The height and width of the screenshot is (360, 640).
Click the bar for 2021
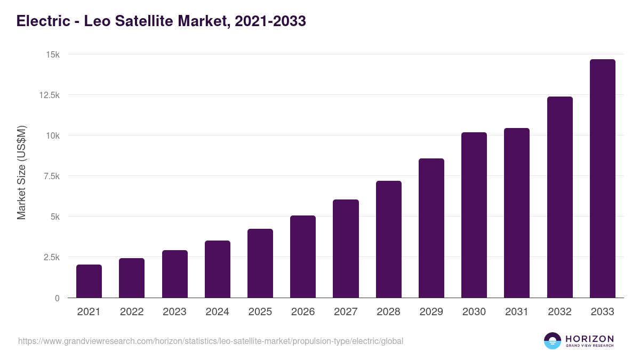tap(89, 281)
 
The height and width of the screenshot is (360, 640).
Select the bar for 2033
tap(602, 179)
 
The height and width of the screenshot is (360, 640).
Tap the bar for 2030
tap(474, 215)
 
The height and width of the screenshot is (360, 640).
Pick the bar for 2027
tap(346, 249)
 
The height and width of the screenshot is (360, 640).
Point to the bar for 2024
tap(217, 269)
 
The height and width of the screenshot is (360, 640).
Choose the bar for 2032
tap(559, 197)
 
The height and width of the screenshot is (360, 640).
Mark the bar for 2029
tap(431, 228)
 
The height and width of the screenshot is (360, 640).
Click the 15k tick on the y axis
tap(52, 54)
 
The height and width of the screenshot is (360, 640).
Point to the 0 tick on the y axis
tap(57, 298)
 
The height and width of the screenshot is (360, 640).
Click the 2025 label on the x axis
tap(260, 312)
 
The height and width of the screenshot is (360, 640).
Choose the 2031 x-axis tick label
tap(516, 312)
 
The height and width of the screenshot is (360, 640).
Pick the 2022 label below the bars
tap(132, 312)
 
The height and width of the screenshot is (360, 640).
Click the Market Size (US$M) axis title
tap(21, 173)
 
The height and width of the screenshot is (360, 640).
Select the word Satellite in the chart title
tap(143, 21)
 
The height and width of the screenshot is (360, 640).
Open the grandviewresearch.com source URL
tap(210, 341)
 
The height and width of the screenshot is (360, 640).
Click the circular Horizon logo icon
tap(552, 341)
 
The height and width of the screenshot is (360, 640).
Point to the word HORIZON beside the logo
tap(589, 339)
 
